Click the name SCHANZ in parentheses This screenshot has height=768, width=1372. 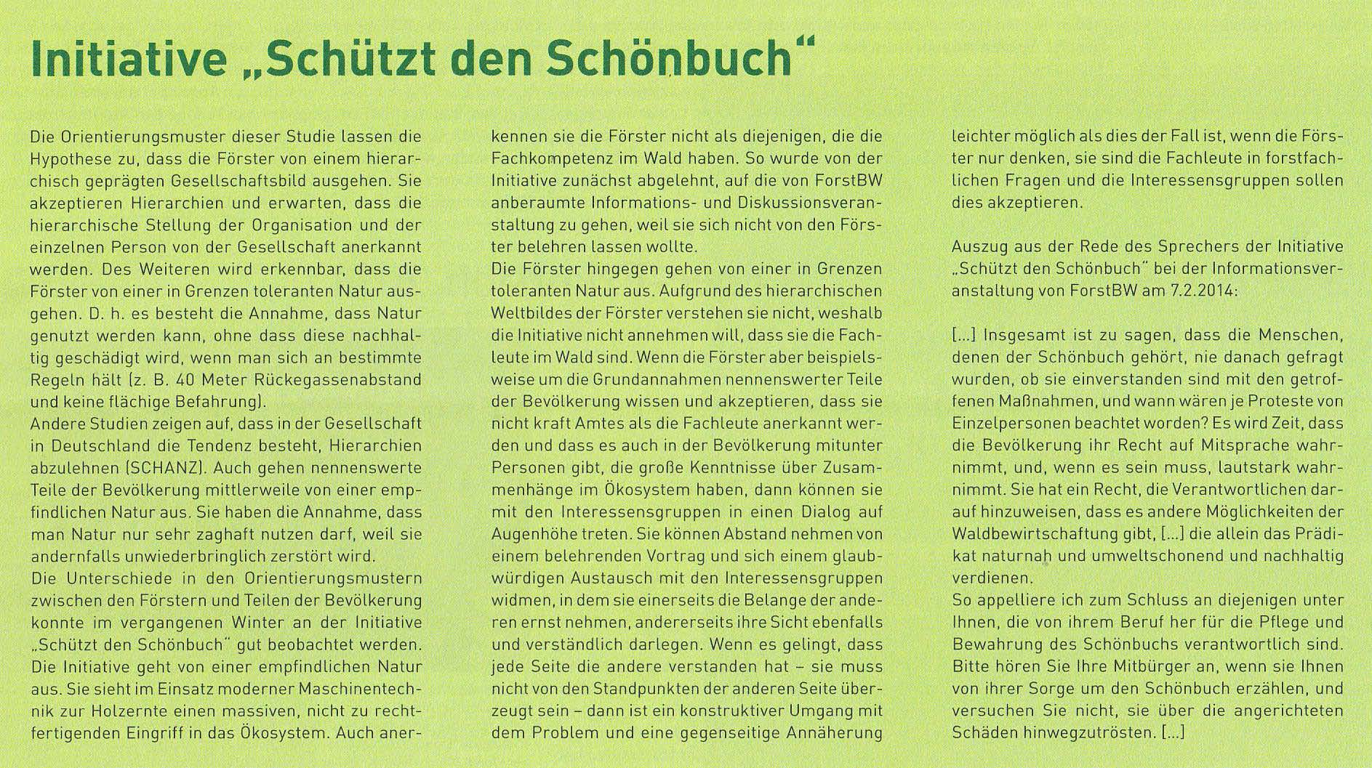pyautogui.click(x=161, y=468)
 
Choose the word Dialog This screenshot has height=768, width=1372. pyautogui.click(x=815, y=512)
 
